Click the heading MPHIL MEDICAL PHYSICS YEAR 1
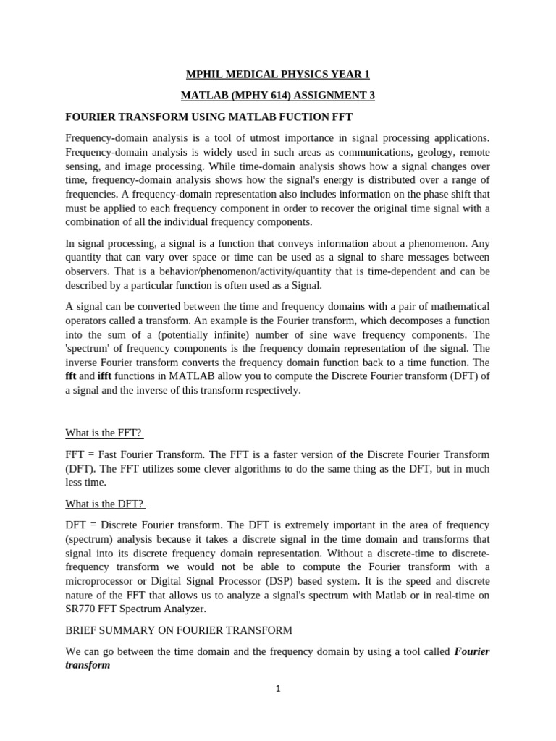[278, 75]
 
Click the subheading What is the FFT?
[104, 433]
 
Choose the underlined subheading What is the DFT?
[105, 504]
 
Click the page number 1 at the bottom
[278, 688]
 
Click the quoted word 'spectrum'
[90, 348]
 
